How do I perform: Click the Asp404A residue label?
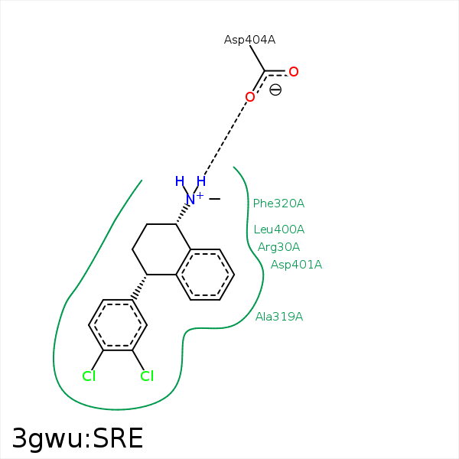(x=249, y=40)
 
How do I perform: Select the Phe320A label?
(x=278, y=203)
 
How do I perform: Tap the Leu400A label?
(x=279, y=229)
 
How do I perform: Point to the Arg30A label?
(x=278, y=247)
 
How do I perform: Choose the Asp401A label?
(x=296, y=265)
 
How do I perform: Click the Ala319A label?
(x=279, y=317)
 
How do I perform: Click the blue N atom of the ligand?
(x=190, y=200)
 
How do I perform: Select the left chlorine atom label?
(x=89, y=376)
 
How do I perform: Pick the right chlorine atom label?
(x=147, y=376)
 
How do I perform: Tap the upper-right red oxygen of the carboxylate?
(x=294, y=72)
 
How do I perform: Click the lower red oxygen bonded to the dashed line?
(x=249, y=97)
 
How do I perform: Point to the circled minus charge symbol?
(x=275, y=90)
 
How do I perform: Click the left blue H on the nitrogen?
(x=180, y=181)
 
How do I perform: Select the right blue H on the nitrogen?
(x=201, y=181)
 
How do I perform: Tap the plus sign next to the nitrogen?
(x=200, y=195)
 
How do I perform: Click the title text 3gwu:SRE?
(x=77, y=438)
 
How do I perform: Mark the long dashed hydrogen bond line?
(x=226, y=138)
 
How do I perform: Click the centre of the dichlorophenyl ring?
(x=118, y=325)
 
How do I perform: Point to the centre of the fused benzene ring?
(x=205, y=275)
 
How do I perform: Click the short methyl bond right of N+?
(x=214, y=199)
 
